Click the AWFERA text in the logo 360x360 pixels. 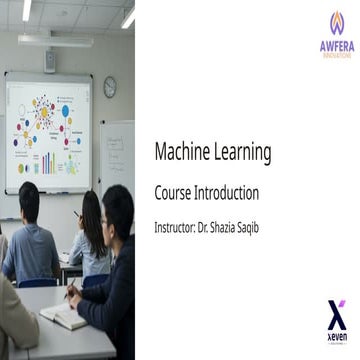[x=336, y=44]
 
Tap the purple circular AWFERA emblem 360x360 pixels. [x=336, y=21]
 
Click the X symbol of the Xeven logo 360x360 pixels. [x=336, y=312]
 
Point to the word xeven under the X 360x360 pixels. [x=336, y=337]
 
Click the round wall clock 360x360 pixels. [x=109, y=87]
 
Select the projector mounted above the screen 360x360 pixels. [x=50, y=60]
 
